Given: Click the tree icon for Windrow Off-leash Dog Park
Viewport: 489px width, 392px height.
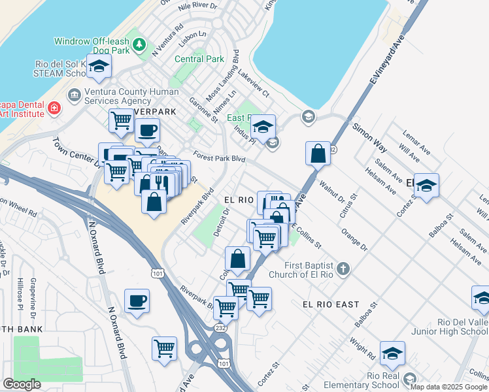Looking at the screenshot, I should [x=139, y=44].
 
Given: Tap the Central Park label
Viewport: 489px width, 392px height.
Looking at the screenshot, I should [x=199, y=59].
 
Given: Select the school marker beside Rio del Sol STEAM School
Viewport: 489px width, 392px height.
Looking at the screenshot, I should [x=99, y=66].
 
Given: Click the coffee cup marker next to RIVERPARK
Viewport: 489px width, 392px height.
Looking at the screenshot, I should [x=147, y=129].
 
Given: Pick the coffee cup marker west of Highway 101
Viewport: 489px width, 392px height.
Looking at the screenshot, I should [x=137, y=301].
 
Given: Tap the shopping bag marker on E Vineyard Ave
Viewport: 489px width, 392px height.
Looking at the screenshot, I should [x=317, y=154].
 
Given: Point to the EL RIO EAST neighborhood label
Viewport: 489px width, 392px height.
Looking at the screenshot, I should [x=331, y=304].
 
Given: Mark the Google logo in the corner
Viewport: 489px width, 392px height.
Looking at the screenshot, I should [x=22, y=384].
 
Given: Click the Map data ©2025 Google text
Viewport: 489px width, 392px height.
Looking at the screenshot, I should [x=448, y=387].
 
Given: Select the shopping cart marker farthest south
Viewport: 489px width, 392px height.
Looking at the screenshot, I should [x=164, y=347].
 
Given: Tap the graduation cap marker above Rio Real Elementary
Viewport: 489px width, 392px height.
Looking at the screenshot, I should [x=392, y=353].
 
